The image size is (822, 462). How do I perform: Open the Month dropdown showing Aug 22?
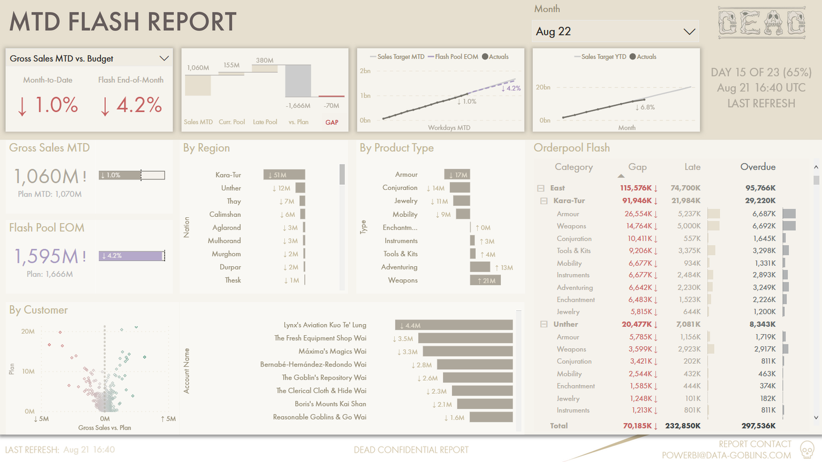[615, 32]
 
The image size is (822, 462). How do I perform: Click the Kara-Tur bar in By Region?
[284, 175]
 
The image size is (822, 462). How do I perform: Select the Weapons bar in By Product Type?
[485, 280]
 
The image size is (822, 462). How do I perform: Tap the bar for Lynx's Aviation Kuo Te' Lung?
[454, 325]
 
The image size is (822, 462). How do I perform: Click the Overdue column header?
[757, 167]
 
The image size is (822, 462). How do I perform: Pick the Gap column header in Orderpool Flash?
[637, 167]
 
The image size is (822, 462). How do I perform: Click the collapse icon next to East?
[541, 188]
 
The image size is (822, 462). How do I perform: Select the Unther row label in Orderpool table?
[566, 324]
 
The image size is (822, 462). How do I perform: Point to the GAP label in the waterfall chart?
[332, 122]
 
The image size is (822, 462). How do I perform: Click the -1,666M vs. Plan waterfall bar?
[298, 81]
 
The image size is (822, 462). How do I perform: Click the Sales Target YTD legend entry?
[603, 57]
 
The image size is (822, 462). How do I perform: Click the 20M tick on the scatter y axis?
[28, 331]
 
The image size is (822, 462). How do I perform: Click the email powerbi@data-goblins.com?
[726, 455]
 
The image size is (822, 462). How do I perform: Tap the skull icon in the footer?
[807, 450]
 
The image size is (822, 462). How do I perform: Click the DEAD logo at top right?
[762, 23]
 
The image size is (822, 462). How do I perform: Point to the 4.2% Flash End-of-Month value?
[131, 105]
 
